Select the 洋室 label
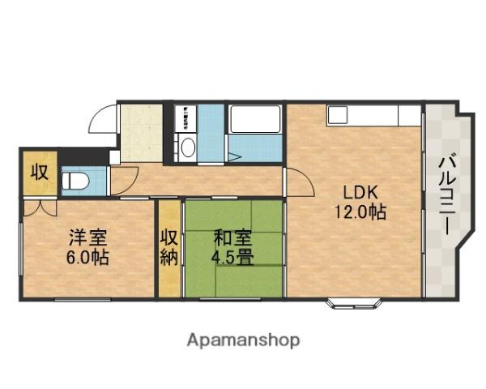point(88,239)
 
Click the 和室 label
point(232,239)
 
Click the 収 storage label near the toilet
point(39,173)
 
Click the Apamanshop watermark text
point(243,340)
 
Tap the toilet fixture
point(75,179)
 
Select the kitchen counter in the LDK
point(373,115)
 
